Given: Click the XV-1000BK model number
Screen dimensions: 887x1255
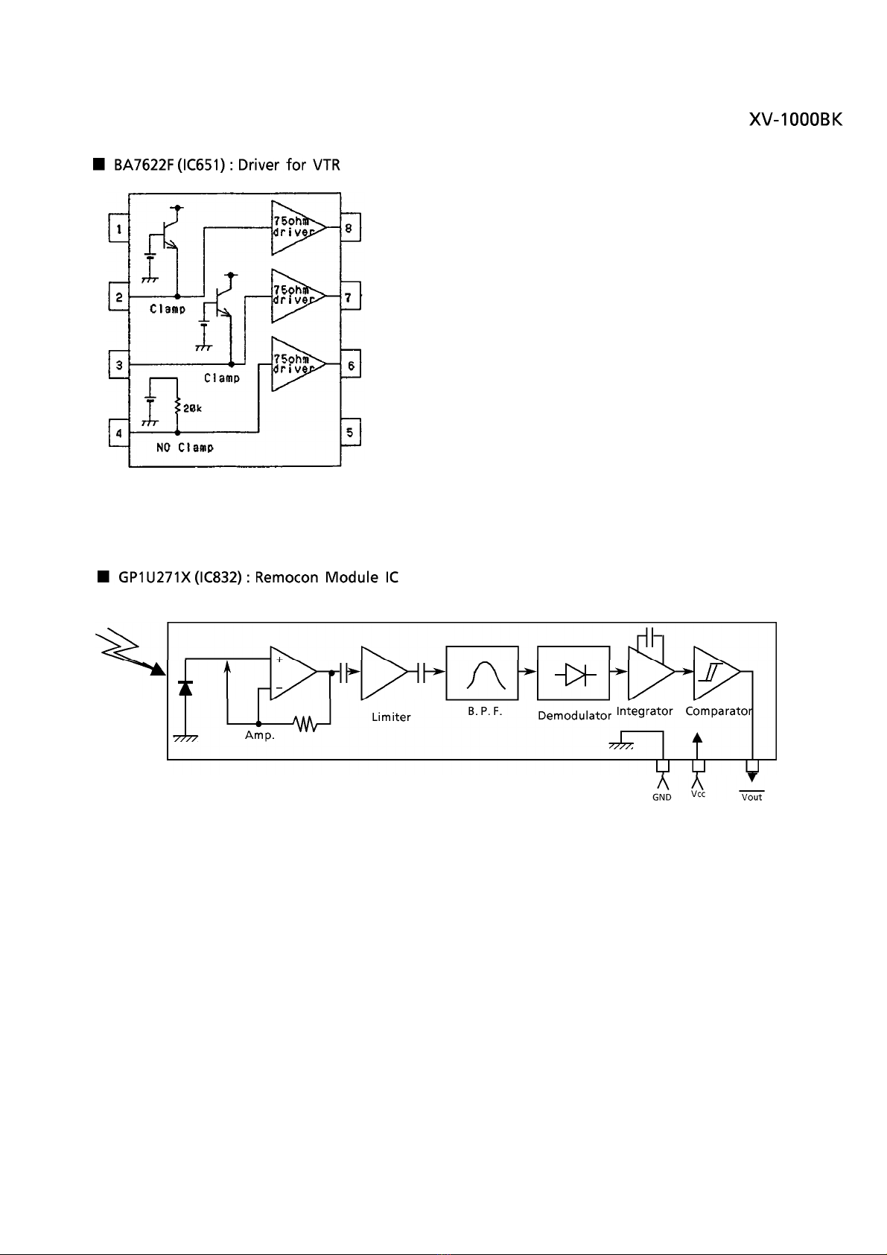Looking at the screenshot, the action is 795,119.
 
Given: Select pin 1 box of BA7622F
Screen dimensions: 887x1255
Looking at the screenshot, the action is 119,228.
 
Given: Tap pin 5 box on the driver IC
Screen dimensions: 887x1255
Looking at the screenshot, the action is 350,432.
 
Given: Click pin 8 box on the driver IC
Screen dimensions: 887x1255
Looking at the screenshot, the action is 350,227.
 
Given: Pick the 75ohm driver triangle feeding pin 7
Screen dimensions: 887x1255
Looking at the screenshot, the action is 298,296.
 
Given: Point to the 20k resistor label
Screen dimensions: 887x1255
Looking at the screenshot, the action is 192,408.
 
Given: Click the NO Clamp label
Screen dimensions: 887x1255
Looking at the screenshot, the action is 185,447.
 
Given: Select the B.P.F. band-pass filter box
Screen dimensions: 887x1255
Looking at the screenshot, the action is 482,673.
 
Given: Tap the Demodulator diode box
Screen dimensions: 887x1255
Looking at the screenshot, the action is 573,673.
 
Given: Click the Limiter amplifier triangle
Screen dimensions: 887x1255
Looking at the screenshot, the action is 384,673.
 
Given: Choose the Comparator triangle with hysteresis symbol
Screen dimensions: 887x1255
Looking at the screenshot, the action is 716,673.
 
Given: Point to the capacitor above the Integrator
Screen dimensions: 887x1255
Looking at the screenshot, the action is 651,637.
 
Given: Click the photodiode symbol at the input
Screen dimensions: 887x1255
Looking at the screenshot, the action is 185,687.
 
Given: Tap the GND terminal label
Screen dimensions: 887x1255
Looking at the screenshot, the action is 662,797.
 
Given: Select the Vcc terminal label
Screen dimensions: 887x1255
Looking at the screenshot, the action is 698,794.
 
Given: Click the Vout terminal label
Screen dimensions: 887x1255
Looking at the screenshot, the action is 751,797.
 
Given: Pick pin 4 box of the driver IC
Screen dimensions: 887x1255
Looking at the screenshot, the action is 119,433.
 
